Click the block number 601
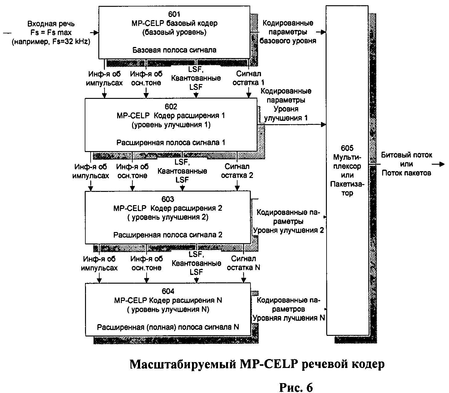[174, 14]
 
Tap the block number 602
[171, 107]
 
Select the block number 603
[168, 199]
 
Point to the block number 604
[168, 291]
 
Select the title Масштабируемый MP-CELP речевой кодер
[257, 364]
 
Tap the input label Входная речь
[51, 24]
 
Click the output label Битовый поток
[406, 155]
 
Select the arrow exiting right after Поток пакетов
[438, 164]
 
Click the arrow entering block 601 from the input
[94, 32]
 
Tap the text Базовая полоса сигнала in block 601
[174, 50]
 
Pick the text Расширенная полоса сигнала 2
[168, 235]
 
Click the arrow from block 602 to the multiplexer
[292, 125]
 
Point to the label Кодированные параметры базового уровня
[288, 32]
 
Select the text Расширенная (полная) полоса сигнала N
[168, 327]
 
